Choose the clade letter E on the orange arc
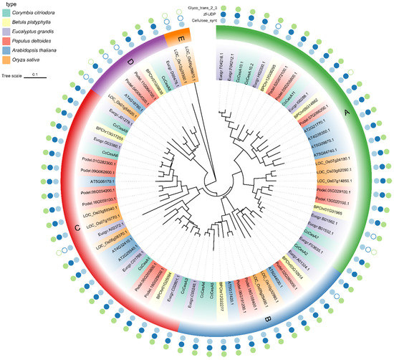172,37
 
